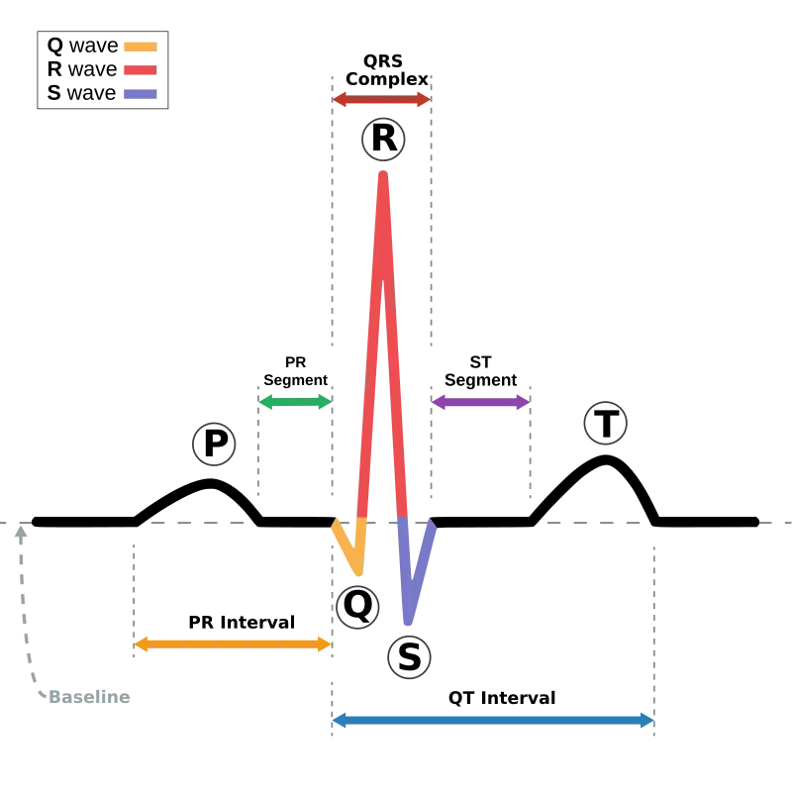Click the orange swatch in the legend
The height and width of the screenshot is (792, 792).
click(x=139, y=47)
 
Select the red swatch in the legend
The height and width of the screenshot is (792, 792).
click(x=139, y=71)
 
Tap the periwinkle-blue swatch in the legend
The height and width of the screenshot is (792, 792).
click(x=139, y=95)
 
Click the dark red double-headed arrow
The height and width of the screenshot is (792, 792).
click(x=381, y=99)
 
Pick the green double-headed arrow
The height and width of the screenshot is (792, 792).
click(x=295, y=402)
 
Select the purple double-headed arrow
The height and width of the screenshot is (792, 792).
click(x=481, y=402)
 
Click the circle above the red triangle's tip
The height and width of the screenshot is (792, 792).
click(x=383, y=138)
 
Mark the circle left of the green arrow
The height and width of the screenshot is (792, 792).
click(x=213, y=444)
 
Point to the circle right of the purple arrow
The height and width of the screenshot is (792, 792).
click(x=605, y=423)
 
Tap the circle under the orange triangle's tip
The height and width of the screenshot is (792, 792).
click(x=356, y=607)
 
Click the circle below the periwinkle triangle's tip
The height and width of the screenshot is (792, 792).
click(x=409, y=656)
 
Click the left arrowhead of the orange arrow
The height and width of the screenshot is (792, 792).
click(x=142, y=644)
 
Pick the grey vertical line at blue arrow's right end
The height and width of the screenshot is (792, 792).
click(x=653, y=634)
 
